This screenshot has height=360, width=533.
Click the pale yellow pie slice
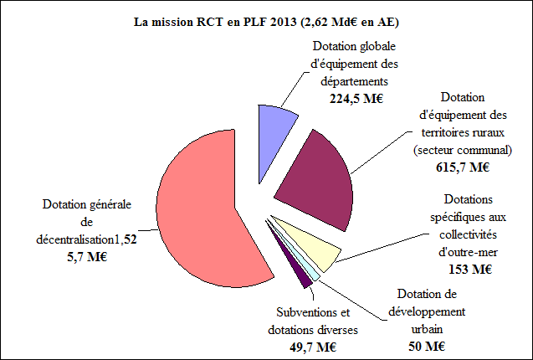tap(314, 243)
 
